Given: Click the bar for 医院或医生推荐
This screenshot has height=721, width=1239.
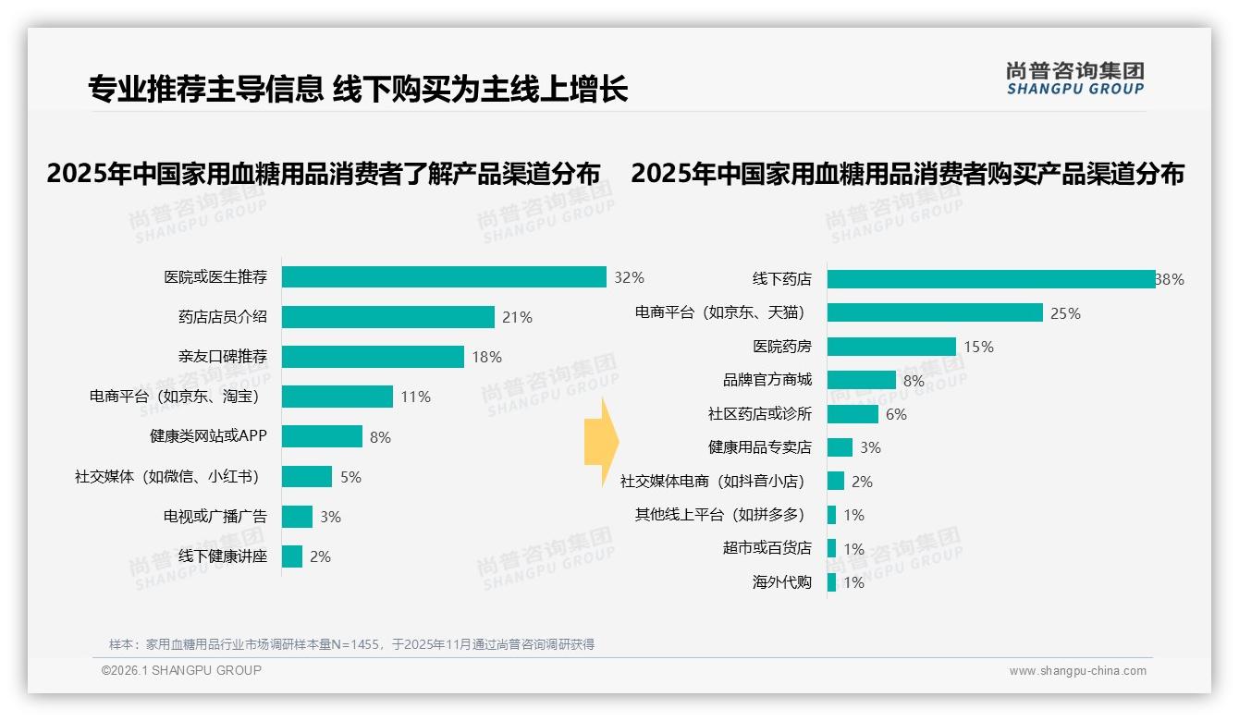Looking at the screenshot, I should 444,277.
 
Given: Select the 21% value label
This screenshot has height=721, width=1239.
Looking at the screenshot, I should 517,317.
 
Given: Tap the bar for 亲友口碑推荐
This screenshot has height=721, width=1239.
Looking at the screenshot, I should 373,357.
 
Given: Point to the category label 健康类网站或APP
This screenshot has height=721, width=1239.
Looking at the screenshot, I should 208,436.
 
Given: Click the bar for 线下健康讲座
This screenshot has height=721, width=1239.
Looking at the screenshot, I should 292,556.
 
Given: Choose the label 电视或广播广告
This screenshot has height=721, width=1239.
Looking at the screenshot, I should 215,517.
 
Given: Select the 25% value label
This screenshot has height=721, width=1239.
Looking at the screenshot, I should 1065,313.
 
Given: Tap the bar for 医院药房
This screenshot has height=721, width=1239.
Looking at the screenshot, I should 891,347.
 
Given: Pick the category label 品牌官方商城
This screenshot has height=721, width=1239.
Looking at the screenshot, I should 767,380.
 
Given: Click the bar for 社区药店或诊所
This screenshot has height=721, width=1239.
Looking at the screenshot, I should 853,414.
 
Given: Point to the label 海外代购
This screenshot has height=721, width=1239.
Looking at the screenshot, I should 781,582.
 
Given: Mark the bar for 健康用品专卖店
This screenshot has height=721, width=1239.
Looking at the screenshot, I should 840,447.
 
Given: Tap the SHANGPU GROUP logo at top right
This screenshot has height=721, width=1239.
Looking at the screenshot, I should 1074,79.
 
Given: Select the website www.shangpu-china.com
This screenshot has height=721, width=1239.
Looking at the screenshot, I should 1077,671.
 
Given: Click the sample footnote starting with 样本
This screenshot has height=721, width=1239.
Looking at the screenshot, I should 351,644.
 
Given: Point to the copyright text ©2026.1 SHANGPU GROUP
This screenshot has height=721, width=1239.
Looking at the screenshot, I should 181,670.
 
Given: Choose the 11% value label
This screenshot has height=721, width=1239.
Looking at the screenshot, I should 415,397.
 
